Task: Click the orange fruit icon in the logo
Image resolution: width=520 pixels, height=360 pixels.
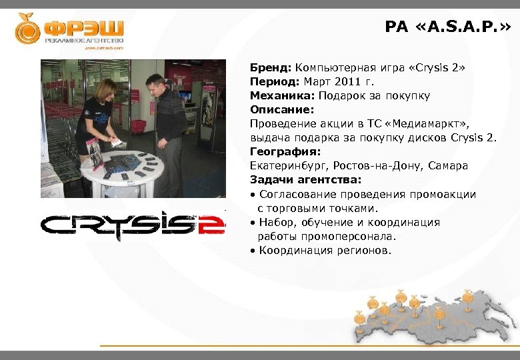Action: coord(28,29)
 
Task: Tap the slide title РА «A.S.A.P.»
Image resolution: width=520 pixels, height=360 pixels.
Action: coord(448,27)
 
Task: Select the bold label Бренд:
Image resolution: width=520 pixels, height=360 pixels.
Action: coord(271,68)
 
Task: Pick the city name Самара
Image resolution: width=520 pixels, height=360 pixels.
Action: coord(446,165)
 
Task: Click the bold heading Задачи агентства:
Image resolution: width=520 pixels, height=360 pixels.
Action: coord(305,179)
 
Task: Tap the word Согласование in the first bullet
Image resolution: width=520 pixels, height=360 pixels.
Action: coord(297,195)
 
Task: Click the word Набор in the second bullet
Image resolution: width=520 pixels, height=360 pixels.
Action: coord(276,223)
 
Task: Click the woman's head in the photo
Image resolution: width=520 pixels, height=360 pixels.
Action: coord(106,89)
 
